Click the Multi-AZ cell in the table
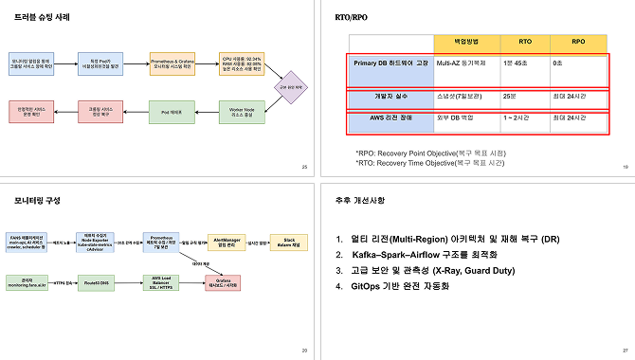[466, 63]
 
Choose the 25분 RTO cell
[510, 96]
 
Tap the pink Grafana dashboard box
[226, 281]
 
